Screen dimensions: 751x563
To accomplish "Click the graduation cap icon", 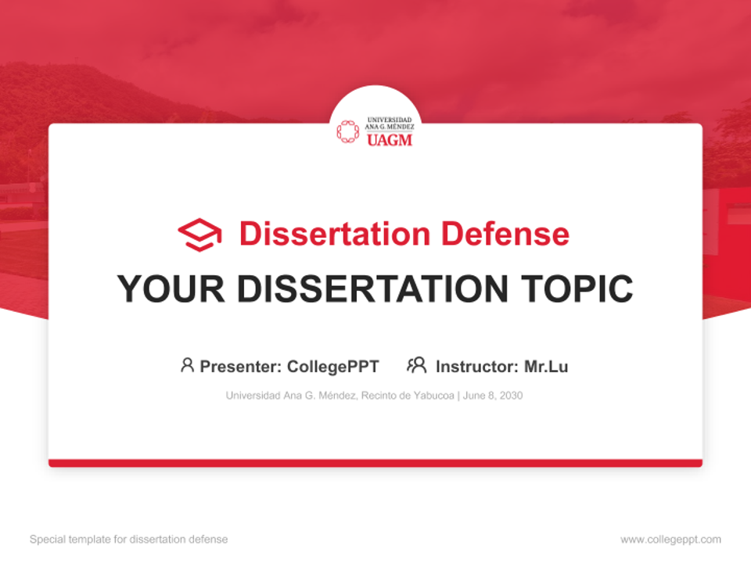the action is click(x=199, y=235).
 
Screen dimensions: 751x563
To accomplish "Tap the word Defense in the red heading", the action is click(x=505, y=234).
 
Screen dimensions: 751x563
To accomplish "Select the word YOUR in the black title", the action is click(x=171, y=289).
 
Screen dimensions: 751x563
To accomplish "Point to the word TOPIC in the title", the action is click(x=577, y=289).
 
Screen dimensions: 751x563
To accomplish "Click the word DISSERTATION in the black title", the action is click(x=372, y=289).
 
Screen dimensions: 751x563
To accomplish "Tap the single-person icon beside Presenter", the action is click(x=187, y=365).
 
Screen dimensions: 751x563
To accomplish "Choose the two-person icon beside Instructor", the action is click(x=417, y=365).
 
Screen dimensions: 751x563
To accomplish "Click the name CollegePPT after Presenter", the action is click(x=333, y=367).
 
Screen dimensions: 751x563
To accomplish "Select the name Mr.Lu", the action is click(x=546, y=367).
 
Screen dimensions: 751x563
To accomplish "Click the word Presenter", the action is click(x=240, y=367).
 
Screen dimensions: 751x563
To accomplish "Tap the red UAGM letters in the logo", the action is click(x=390, y=140).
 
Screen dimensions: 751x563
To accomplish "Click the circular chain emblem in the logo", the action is click(x=347, y=131).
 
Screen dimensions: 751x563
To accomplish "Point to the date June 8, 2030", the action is click(x=492, y=396).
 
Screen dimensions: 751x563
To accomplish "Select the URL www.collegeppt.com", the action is click(x=670, y=540).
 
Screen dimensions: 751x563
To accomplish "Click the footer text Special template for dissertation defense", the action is click(x=129, y=540).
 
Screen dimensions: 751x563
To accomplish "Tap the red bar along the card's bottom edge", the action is click(x=375, y=463).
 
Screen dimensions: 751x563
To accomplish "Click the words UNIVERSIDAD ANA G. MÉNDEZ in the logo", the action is click(x=390, y=124).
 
